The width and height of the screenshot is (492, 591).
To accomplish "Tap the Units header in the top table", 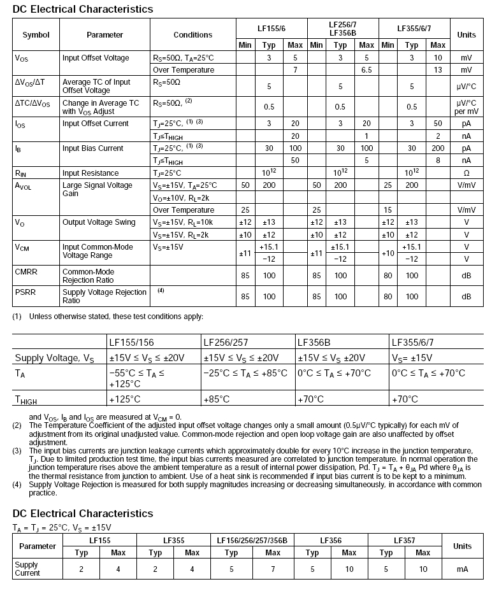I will point(467,34).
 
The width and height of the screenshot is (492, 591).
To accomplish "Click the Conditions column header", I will point(192,34).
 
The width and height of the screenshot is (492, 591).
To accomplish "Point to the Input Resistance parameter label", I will point(90,173).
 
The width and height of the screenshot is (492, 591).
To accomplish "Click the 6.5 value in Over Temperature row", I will point(366,70).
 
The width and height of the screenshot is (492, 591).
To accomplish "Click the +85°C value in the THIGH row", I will point(217,399).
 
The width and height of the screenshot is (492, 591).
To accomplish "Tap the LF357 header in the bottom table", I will point(405,541).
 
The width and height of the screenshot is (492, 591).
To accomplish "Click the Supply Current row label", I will point(26,569).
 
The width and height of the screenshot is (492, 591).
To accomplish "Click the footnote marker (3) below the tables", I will point(17,450).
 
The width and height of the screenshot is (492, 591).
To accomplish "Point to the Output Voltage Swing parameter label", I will point(99,222).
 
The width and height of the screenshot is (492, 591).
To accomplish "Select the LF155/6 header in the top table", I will point(271,28).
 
